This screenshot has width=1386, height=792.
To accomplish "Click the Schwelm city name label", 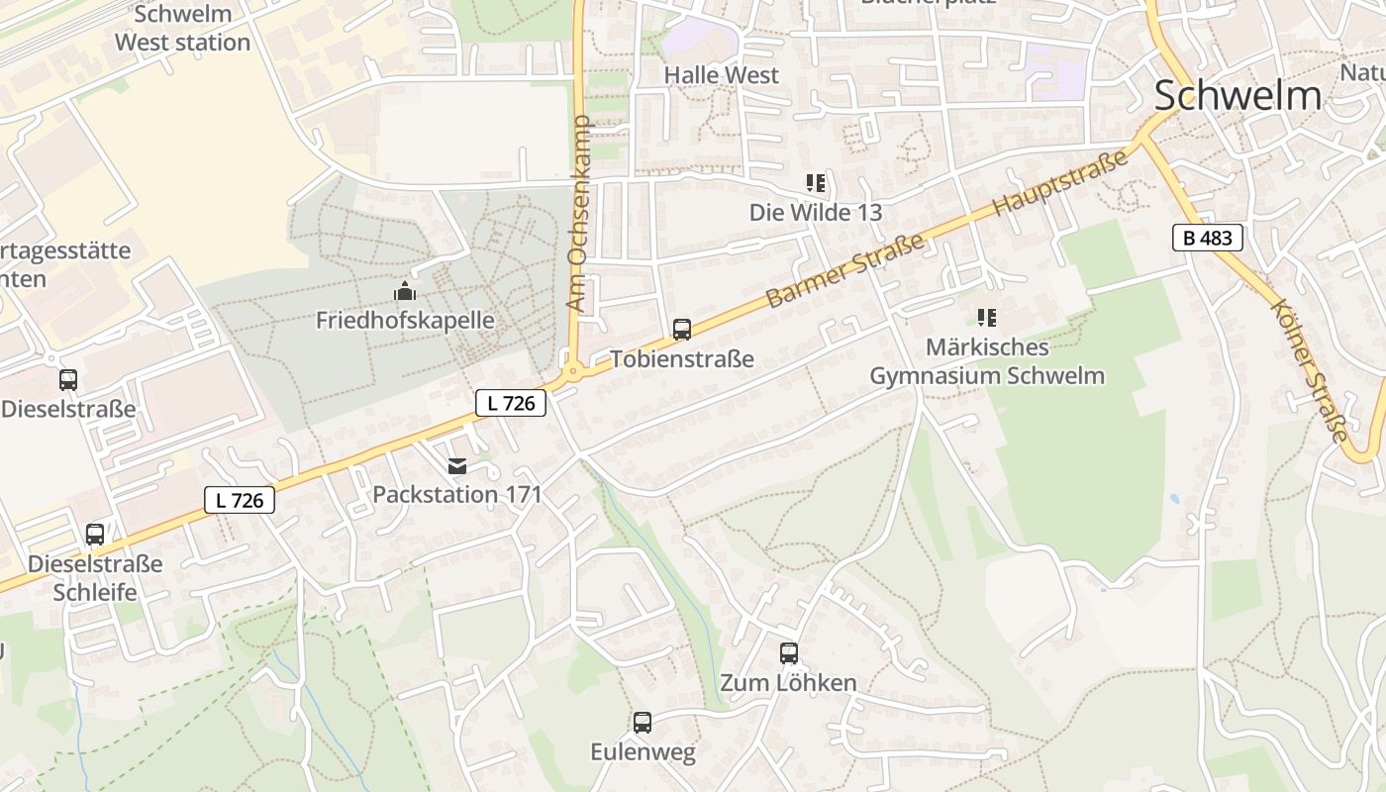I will pyautogui.click(x=1237, y=96).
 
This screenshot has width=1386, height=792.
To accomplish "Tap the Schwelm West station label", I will pyautogui.click(x=182, y=29).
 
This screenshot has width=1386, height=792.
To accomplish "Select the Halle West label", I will pyautogui.click(x=721, y=75).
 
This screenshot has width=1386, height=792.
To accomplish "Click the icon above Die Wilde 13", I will pyautogui.click(x=816, y=183).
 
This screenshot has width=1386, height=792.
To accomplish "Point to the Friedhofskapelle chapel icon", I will pyautogui.click(x=405, y=291).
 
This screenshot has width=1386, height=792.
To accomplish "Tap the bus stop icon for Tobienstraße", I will pyautogui.click(x=682, y=330).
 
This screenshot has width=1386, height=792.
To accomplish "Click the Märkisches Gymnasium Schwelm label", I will pyautogui.click(x=987, y=362).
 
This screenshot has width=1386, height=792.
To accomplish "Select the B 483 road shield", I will pyautogui.click(x=1207, y=238).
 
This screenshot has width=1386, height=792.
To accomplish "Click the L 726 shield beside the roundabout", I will pyautogui.click(x=511, y=403).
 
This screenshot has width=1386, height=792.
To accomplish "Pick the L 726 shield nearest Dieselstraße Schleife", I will pyautogui.click(x=240, y=500).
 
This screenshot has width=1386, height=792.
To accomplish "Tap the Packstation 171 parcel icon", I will pyautogui.click(x=457, y=465).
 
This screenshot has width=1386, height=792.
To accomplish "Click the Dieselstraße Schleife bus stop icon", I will pyautogui.click(x=95, y=535).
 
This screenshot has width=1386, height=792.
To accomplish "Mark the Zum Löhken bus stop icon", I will pyautogui.click(x=789, y=653).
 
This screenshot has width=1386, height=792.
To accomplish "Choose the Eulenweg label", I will pyautogui.click(x=643, y=752).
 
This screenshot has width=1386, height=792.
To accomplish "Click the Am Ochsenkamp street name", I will pyautogui.click(x=578, y=214).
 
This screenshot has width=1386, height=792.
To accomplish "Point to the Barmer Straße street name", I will pyautogui.click(x=844, y=270).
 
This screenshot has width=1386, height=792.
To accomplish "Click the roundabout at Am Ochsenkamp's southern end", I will pyautogui.click(x=571, y=374).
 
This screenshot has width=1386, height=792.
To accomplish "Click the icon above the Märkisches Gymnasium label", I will pyautogui.click(x=986, y=318).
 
